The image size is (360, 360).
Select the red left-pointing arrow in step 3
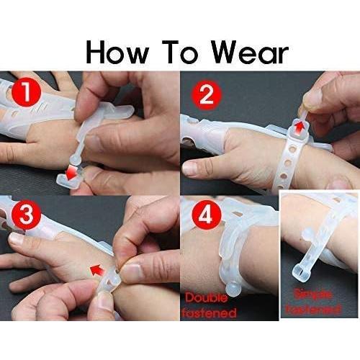tap(95, 270)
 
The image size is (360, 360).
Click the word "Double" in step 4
tap(211, 297)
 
